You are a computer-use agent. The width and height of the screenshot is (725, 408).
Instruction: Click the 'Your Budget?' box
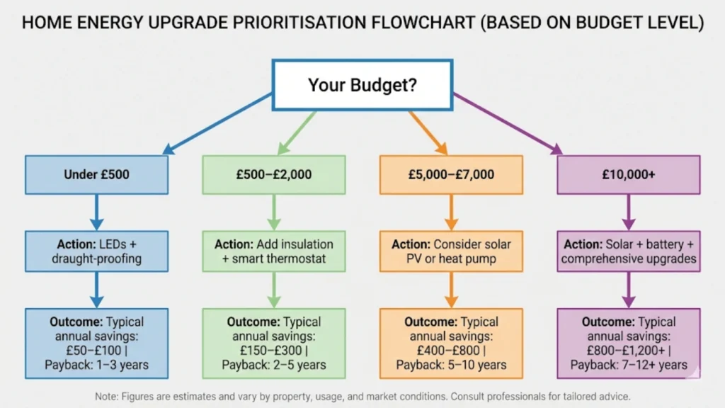click(x=362, y=85)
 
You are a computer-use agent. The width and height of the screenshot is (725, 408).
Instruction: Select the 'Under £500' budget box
click(x=96, y=174)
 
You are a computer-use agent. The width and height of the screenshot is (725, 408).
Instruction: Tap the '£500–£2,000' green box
click(x=273, y=174)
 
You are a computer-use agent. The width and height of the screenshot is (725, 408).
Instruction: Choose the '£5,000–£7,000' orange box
click(x=451, y=174)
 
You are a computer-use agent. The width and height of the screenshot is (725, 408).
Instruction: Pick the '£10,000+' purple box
click(x=629, y=174)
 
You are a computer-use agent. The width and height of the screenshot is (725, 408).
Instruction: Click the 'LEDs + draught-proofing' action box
click(x=96, y=251)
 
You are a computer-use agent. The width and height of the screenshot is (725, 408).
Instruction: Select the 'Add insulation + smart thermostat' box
click(x=273, y=251)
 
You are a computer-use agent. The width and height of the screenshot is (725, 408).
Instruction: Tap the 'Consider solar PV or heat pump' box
click(x=451, y=251)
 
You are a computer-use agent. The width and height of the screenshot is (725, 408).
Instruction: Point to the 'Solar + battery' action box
click(x=629, y=251)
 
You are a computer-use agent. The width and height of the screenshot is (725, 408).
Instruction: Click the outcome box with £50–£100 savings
click(x=96, y=343)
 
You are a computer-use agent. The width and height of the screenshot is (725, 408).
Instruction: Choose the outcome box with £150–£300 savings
click(x=273, y=343)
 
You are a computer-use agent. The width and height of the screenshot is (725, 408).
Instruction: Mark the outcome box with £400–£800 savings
click(x=451, y=343)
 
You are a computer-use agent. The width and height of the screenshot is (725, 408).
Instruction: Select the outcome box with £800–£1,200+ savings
click(x=629, y=343)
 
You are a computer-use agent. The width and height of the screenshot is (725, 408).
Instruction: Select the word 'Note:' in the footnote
click(x=108, y=396)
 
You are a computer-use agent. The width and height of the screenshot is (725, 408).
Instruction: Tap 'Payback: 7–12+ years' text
click(x=629, y=365)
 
